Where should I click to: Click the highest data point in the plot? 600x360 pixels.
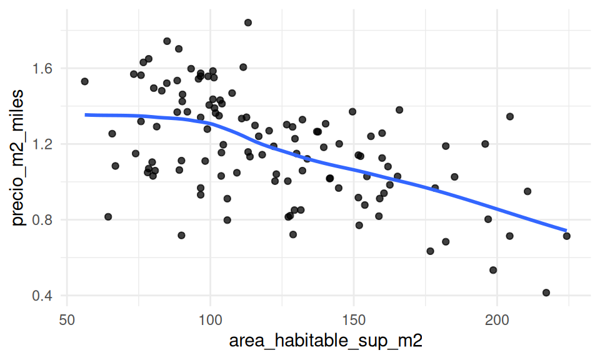tap(248, 22)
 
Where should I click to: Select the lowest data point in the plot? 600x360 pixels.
tap(546, 292)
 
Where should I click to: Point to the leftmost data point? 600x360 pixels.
tap(85, 81)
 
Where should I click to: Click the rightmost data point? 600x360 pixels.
tap(567, 236)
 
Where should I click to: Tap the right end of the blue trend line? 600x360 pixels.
tap(566, 231)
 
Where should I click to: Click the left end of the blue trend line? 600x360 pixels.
tap(86, 114)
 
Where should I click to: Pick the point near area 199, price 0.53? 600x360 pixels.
tap(493, 270)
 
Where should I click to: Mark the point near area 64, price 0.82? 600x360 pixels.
tap(108, 217)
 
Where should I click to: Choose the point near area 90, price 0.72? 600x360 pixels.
tap(181, 235)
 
